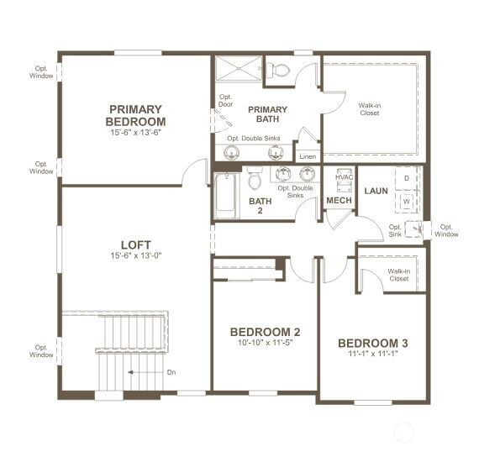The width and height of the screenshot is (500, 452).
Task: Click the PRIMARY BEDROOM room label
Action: (135, 115)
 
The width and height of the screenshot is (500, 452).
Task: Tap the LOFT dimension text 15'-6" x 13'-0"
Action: (136, 255)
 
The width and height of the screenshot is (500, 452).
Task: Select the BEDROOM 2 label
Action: (265, 332)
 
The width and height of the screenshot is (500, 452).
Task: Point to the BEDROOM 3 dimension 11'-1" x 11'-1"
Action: (373, 354)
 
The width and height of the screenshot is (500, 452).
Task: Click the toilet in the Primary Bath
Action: (278, 70)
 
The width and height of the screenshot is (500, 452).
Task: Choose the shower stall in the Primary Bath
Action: (238, 69)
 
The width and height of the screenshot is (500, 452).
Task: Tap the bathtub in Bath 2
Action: (226, 196)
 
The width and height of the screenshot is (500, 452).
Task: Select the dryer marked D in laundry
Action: (407, 178)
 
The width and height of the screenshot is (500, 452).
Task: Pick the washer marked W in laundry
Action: (407, 202)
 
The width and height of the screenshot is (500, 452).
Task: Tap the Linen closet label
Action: (308, 156)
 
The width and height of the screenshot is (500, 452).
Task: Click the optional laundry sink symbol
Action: (413, 229)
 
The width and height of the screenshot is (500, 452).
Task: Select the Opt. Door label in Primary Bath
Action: (225, 101)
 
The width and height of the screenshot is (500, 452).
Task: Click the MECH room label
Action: (339, 201)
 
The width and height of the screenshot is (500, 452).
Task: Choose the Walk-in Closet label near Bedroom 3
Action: (399, 275)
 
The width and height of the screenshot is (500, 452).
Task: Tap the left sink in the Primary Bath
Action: (231, 152)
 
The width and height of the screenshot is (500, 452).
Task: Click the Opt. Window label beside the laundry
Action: (446, 230)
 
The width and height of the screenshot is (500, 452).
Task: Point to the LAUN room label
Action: (376, 191)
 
